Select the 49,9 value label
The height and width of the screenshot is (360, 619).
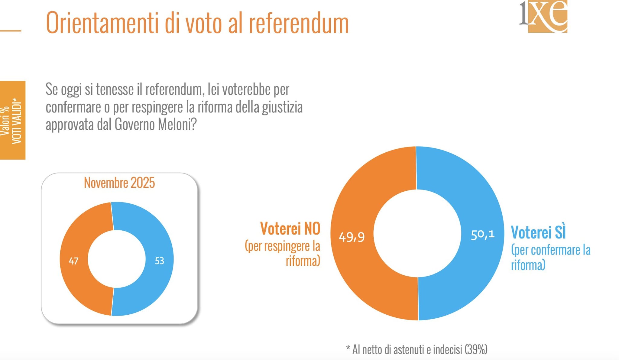(x=352, y=237)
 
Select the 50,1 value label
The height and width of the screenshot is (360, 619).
(x=483, y=235)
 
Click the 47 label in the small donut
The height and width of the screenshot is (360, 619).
(x=74, y=261)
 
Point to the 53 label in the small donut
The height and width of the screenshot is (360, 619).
(x=159, y=261)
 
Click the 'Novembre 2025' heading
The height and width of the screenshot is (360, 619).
(x=119, y=183)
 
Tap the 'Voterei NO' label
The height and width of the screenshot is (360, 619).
(x=290, y=229)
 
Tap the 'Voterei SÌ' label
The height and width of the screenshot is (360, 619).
(x=538, y=232)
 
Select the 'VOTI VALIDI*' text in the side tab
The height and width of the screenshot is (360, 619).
(x=17, y=121)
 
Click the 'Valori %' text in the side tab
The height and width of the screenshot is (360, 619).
(x=5, y=121)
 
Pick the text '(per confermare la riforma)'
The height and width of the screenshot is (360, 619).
(x=550, y=258)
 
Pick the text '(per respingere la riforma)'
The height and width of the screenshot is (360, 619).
(x=283, y=253)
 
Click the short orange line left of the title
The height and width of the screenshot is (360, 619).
(x=11, y=31)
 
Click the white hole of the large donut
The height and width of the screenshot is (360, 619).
(x=417, y=233)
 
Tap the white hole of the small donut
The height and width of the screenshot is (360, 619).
(x=117, y=259)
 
